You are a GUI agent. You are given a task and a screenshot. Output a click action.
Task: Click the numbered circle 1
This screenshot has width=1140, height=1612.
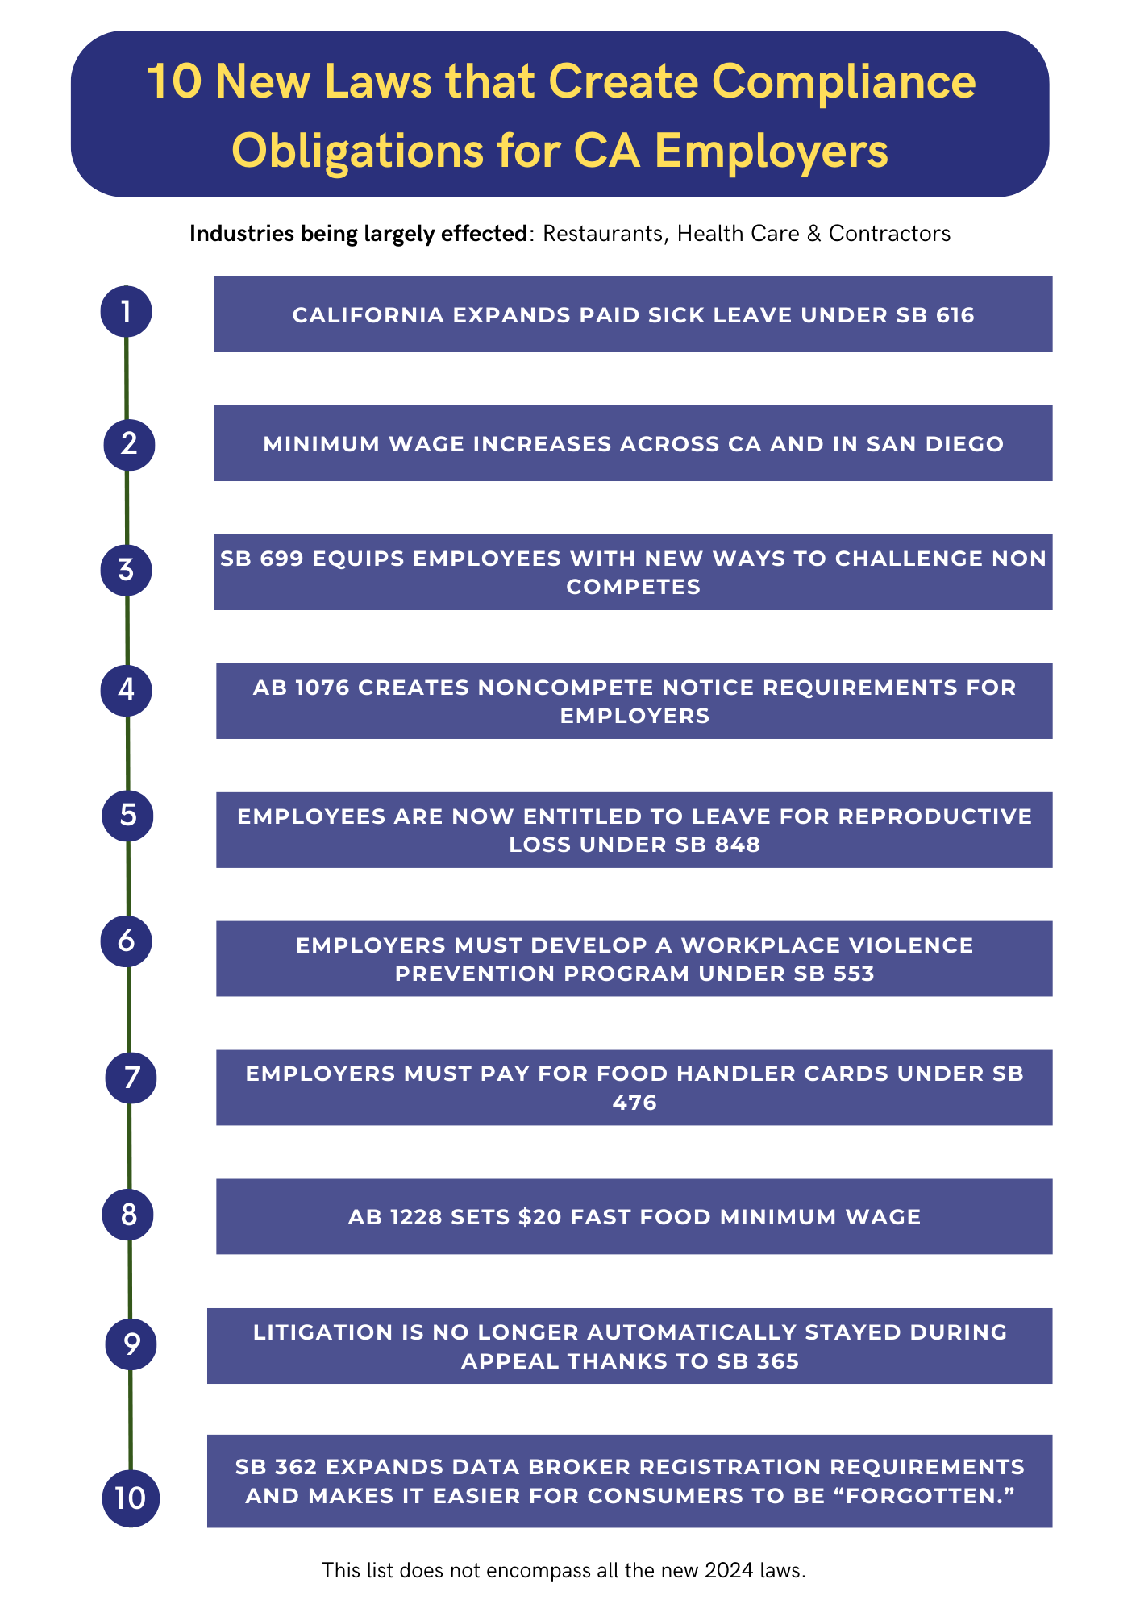click(x=126, y=311)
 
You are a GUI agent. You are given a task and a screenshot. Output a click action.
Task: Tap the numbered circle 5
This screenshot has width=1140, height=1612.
click(x=127, y=816)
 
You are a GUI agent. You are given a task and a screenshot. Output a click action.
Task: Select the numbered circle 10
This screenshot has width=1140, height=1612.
click(x=131, y=1498)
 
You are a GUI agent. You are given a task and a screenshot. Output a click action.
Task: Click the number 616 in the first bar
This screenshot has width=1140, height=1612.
click(x=955, y=315)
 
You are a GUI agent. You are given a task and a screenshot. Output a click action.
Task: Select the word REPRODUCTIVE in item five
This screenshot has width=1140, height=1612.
click(x=935, y=816)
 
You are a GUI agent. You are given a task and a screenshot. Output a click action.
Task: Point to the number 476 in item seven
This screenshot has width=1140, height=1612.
click(x=634, y=1103)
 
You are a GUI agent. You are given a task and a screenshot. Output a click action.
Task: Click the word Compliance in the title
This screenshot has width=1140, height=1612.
click(x=844, y=82)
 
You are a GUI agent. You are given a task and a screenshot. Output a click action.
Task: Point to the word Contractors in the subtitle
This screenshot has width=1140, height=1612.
click(x=889, y=234)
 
